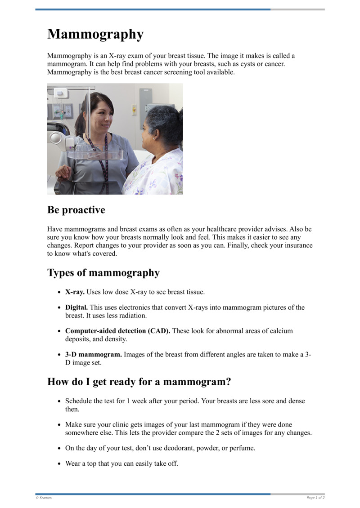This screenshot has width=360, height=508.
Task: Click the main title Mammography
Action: [95, 34]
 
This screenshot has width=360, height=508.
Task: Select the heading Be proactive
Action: [76, 210]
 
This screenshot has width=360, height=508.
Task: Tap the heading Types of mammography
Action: [103, 273]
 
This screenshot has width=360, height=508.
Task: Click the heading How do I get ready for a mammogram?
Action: [139, 382]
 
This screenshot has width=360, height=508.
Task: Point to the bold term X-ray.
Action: [75, 292]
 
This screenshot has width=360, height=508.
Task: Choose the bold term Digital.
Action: [76, 307]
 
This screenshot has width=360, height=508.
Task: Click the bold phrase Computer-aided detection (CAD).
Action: [117, 331]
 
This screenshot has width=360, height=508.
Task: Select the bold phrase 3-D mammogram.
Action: [93, 354]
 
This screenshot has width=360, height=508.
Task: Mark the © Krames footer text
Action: [44, 498]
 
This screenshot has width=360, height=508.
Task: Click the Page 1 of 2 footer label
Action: [315, 498]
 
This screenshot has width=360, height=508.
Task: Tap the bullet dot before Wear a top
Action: [59, 464]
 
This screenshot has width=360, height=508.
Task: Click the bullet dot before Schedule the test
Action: [59, 401]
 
